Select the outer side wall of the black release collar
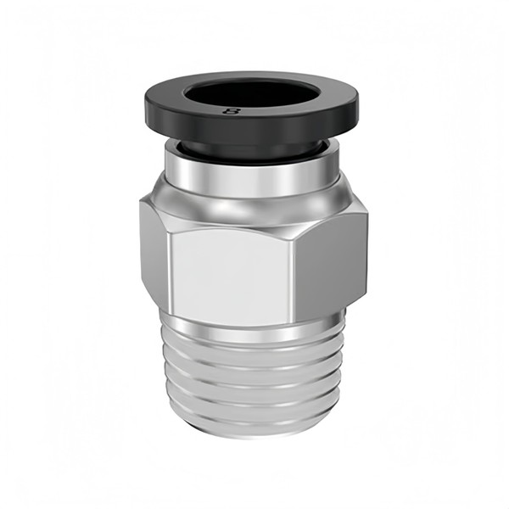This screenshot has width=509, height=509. click(252, 128)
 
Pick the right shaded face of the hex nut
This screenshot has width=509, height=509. click(331, 263)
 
